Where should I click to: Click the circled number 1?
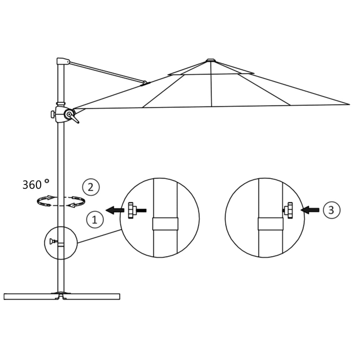click(95, 220)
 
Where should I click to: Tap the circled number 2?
click(91, 187)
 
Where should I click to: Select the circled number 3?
click(331, 210)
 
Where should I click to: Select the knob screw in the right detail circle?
click(289, 210)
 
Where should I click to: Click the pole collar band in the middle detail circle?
click(165, 224)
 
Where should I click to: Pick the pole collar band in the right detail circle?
click(270, 224)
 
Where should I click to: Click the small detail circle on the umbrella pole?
click(61, 243)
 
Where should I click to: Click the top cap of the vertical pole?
click(62, 61)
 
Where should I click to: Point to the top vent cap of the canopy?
click(210, 60)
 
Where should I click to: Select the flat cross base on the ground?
click(62, 296)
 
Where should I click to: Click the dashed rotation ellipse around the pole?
click(61, 201)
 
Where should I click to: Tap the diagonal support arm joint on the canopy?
click(144, 83)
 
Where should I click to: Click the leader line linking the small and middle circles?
click(99, 236)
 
